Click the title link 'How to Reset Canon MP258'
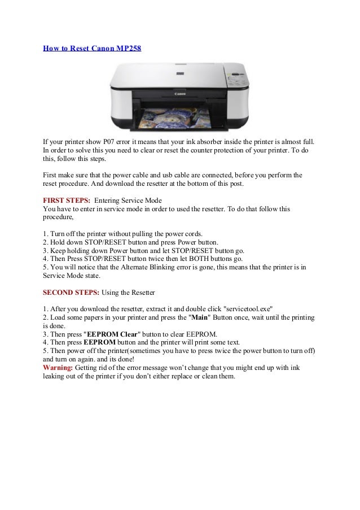tap(92, 48)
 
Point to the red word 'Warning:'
tap(58, 368)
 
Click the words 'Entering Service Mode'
tap(128, 200)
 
